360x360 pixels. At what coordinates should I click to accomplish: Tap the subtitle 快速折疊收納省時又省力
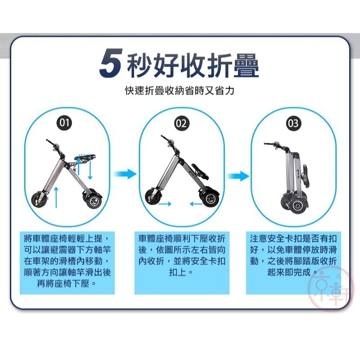[180, 90]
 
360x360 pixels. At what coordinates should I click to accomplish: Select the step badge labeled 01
[66, 123]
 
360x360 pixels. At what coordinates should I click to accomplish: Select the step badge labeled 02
[181, 123]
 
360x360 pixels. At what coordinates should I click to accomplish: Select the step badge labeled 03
[293, 123]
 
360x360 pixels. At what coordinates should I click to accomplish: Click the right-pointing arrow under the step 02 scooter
[166, 204]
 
